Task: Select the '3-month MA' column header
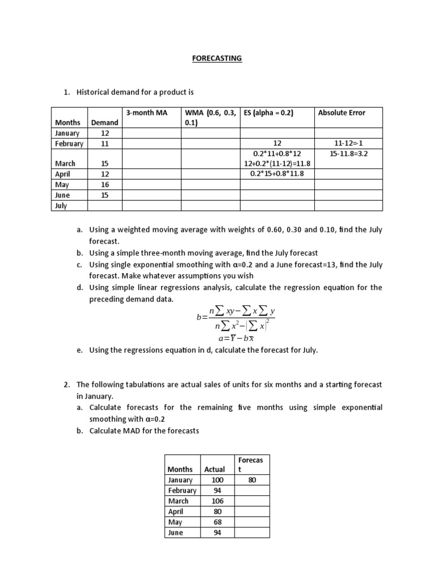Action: tap(147, 113)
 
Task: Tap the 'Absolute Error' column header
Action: tap(341, 113)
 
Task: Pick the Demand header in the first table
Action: tap(104, 123)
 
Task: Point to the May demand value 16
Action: tap(104, 184)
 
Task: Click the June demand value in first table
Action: tap(104, 195)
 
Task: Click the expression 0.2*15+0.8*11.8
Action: tap(277, 174)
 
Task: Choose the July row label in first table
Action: tap(61, 205)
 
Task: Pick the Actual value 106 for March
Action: tap(217, 501)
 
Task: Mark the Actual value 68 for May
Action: tap(217, 522)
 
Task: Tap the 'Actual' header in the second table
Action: tap(214, 469)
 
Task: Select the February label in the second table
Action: tap(182, 491)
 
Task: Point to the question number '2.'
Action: tap(66, 384)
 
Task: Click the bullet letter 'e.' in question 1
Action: tap(80, 350)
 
